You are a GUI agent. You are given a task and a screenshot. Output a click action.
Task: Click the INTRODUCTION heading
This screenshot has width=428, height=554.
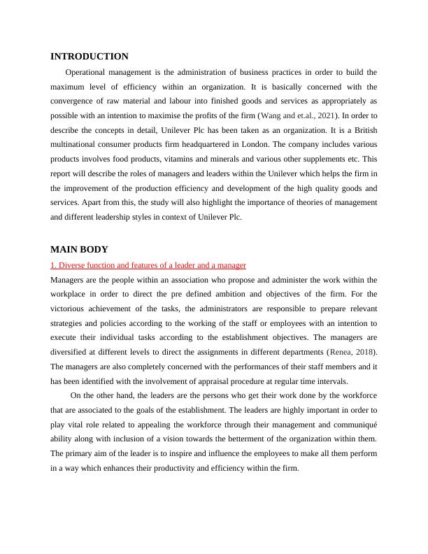(90, 57)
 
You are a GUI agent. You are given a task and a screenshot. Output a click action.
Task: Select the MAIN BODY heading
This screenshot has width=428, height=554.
(80, 249)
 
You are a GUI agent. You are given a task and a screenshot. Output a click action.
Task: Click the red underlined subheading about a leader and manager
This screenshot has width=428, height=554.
(148, 266)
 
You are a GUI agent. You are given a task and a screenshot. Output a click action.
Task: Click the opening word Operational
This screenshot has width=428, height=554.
(89, 72)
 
